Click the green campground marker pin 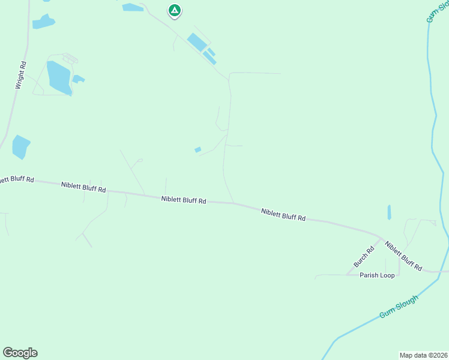[x=175, y=10]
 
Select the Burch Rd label [x=364, y=256]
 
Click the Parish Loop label [x=377, y=275]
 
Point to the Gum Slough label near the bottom [x=399, y=307]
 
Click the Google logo [x=20, y=353]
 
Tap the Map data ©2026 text [x=423, y=355]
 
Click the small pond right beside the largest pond [x=78, y=79]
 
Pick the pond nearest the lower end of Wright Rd [x=20, y=146]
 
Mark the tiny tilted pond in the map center [x=197, y=149]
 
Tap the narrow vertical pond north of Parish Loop [x=389, y=212]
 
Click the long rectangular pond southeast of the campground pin [x=196, y=42]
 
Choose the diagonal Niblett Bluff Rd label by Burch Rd [x=403, y=256]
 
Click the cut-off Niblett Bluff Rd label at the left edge [x=16, y=179]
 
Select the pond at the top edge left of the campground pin [x=133, y=7]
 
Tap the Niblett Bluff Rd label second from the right [x=283, y=215]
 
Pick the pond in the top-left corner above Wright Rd [x=43, y=22]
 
